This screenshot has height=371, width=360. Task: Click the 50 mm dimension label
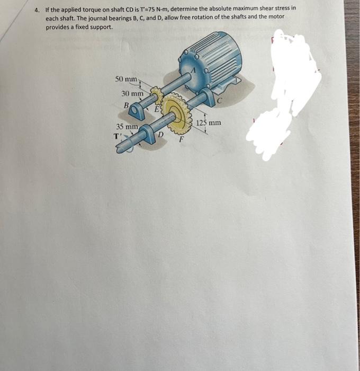126,79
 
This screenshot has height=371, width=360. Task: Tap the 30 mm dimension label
132,93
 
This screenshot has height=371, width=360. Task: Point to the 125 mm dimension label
208,123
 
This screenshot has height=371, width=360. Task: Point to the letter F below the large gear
182,140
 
